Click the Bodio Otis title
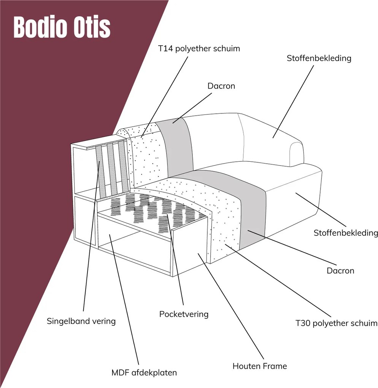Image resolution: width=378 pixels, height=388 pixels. click(x=62, y=27)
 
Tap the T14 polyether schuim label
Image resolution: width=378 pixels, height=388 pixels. click(x=199, y=49)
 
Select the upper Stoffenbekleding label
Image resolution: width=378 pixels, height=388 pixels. click(x=319, y=58)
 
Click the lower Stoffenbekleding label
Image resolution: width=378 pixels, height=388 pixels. click(x=346, y=233)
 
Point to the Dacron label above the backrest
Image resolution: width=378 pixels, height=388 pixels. click(x=221, y=86)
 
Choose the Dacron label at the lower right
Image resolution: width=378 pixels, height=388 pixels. click(x=340, y=271)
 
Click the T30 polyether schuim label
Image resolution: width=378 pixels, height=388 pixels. click(x=337, y=323)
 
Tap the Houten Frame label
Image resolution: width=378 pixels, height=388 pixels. click(x=260, y=366)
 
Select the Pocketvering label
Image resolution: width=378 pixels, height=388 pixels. click(x=184, y=314)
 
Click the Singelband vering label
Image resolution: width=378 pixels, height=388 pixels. click(x=81, y=321)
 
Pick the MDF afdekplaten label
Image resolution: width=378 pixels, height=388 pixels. click(x=144, y=373)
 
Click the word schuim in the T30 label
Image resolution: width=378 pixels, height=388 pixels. click(x=365, y=323)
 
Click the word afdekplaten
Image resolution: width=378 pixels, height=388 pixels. click(x=154, y=373)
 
